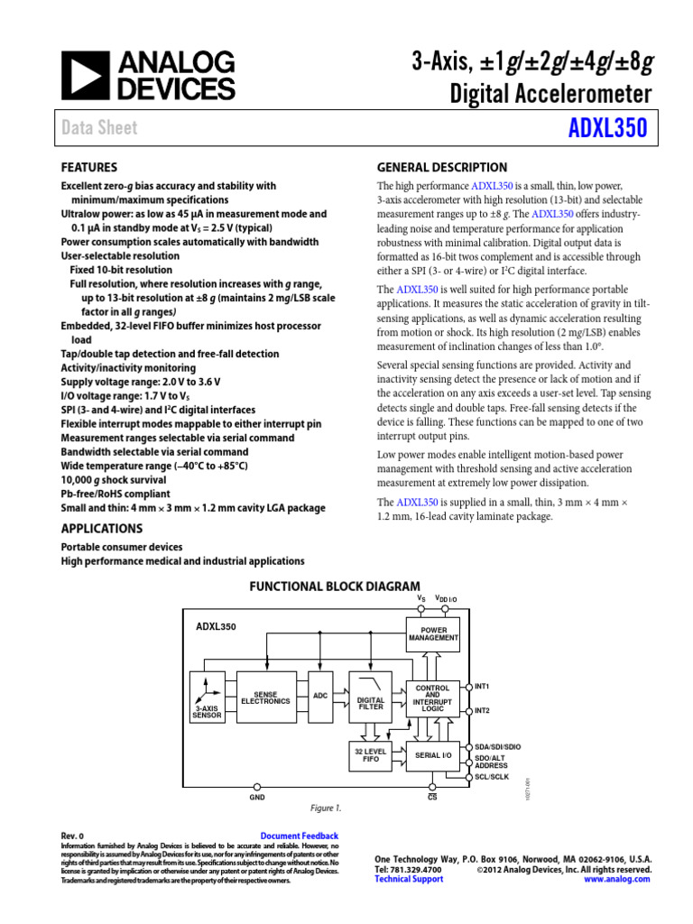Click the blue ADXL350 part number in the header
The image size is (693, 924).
[607, 128]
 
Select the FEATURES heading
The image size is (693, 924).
[89, 168]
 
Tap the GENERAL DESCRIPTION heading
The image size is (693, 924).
[441, 168]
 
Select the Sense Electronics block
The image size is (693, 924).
[265, 698]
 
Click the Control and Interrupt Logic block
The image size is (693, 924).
[433, 698]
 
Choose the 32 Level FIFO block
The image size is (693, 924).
[371, 755]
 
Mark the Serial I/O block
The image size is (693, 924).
[433, 754]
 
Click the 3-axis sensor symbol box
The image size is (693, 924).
[207, 698]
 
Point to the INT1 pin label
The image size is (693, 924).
[482, 687]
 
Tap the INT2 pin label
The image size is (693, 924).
[482, 711]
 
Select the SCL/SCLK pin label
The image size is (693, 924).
[492, 777]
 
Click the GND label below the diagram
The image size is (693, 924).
[257, 798]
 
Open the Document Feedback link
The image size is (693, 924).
[299, 836]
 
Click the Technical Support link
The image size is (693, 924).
[409, 879]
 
